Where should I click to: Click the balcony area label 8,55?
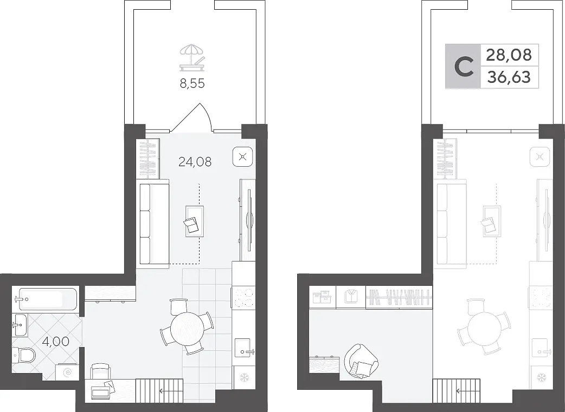pyautogui.click(x=192, y=83)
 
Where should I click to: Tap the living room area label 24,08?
pyautogui.click(x=195, y=162)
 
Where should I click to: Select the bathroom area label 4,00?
pyautogui.click(x=55, y=341)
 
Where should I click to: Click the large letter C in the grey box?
pyautogui.click(x=464, y=67)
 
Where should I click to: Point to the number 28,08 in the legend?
pyautogui.click(x=509, y=55)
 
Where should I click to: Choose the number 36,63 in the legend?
pyautogui.click(x=509, y=77)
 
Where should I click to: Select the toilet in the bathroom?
pyautogui.click(x=24, y=356)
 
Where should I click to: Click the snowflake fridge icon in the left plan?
pyautogui.click(x=245, y=378)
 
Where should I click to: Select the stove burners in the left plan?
pyautogui.click(x=244, y=298)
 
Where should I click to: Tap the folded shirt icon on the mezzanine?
pyautogui.click(x=351, y=297)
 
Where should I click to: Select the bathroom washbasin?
pyautogui.click(x=20, y=325)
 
